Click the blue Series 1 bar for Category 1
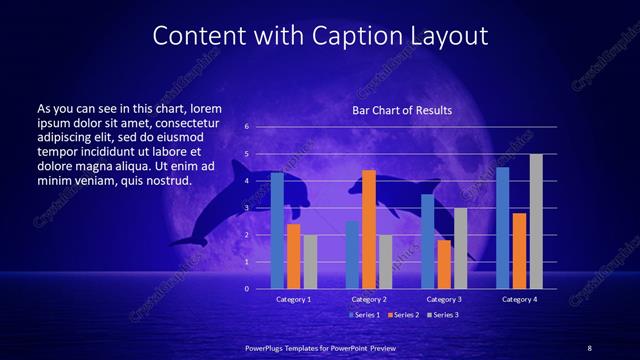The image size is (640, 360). point(277,230)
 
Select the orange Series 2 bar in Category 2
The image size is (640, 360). point(369,229)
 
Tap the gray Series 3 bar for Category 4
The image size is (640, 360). point(536,221)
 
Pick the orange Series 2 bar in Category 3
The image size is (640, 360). point(444,264)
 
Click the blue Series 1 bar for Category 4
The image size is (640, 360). point(503,228)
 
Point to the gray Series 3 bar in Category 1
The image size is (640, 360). point(310,262)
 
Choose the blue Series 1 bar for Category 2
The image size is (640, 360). point(352,255)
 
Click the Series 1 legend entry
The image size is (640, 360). point(364,315)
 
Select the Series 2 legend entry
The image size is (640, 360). point(403,315)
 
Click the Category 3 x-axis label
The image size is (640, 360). point(444,299)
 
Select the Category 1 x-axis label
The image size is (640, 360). point(294,299)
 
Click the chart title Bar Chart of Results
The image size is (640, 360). point(401,110)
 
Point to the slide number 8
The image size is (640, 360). point(590,346)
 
